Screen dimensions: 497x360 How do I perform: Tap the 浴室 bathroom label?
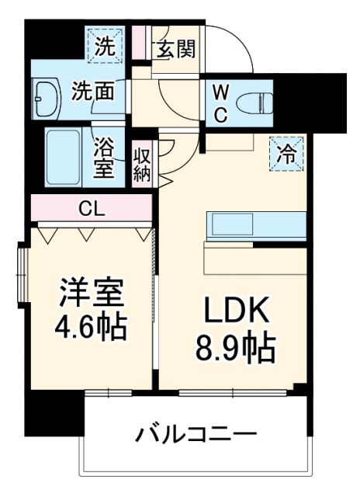coord(105,158)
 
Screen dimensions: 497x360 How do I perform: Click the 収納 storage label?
coord(142,163)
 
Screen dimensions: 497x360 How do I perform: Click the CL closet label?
coord(93,208)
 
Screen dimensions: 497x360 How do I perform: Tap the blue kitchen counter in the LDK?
coord(253,225)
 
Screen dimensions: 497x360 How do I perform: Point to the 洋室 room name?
coord(92,295)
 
